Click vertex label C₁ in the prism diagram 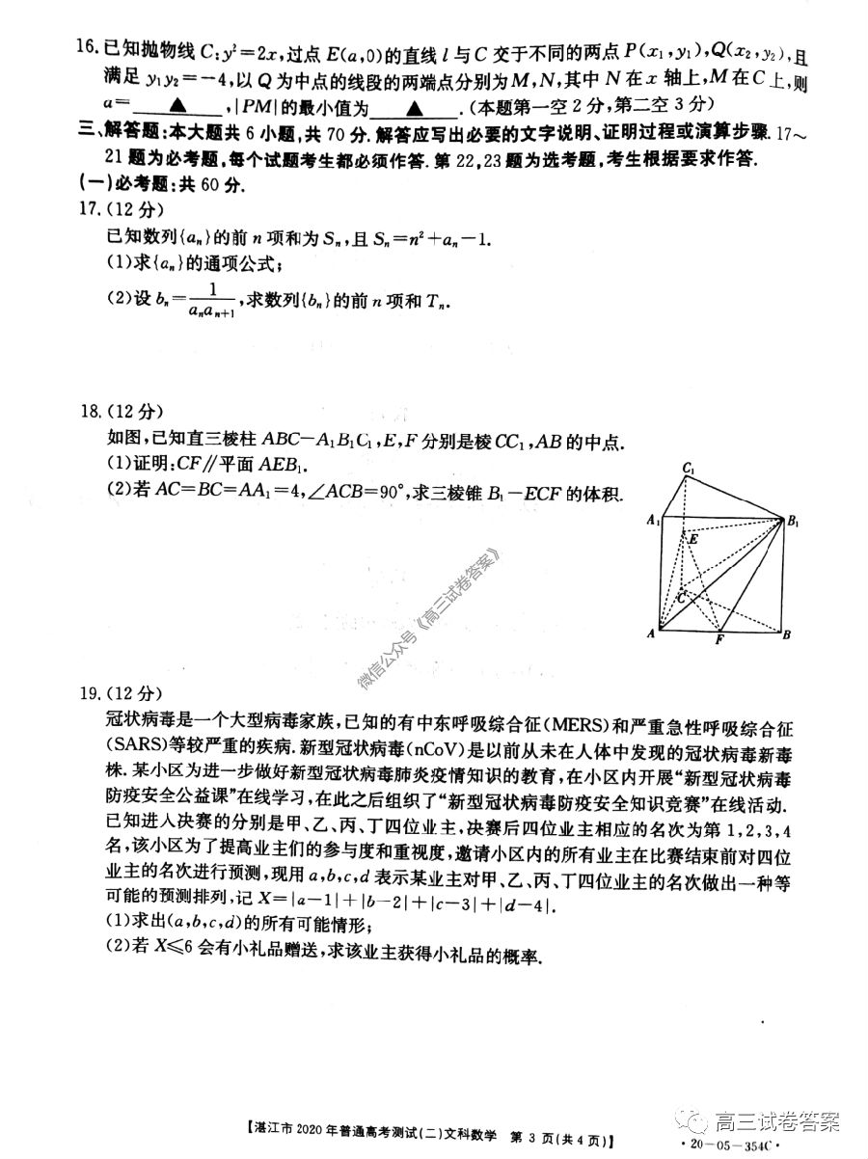pos(689,469)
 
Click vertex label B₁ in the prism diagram pos(792,522)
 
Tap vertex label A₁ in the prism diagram pos(653,522)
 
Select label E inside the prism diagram pos(692,540)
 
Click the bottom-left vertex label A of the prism pos(652,634)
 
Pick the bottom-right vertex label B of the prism pos(787,634)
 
